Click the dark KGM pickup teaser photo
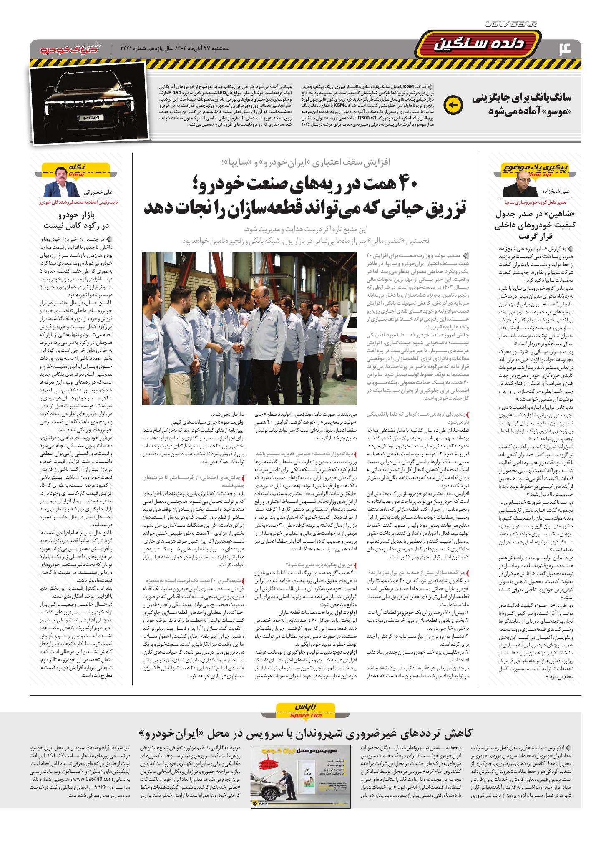pyautogui.click(x=89, y=103)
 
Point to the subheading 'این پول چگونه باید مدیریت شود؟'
pyautogui.click(x=320, y=563)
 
